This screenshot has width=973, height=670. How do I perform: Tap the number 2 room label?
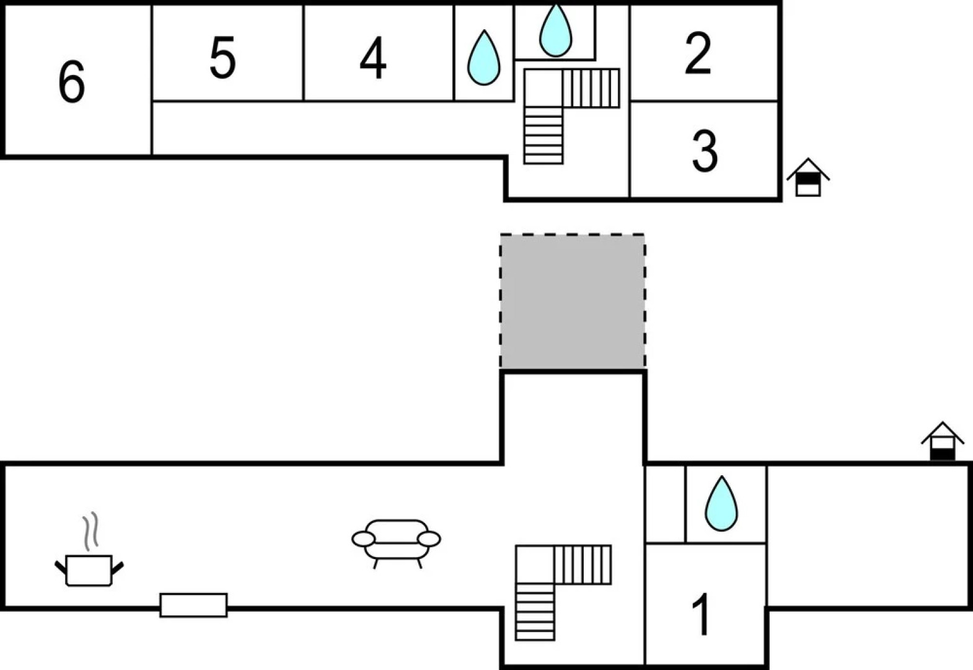698,55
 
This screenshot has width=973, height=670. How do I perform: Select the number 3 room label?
705,151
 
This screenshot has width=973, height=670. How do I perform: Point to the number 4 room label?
373,58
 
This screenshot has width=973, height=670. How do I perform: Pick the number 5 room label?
222,58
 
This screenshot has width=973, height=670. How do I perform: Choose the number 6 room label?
71,81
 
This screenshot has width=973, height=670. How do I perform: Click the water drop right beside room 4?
483,58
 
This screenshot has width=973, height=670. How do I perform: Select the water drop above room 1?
721,504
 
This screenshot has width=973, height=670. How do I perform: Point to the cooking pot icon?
89,570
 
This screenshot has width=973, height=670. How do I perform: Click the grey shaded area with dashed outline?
573,301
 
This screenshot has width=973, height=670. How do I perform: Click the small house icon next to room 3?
808,178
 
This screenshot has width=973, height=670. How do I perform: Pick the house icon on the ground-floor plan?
942,441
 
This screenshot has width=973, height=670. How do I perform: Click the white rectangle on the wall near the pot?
193,605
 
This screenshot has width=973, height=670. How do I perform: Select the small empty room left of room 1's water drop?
666,504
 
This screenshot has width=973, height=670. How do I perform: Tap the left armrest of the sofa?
363,539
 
